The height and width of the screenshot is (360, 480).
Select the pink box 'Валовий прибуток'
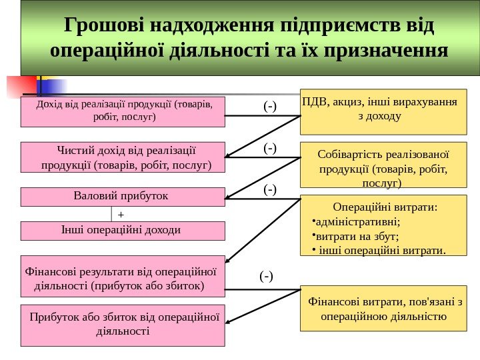point(123,196)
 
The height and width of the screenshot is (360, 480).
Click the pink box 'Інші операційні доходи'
point(123,231)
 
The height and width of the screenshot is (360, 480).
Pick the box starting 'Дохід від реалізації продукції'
point(123,111)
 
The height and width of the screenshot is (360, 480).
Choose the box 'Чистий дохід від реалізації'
point(123,157)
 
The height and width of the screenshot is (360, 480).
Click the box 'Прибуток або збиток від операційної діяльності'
point(123,325)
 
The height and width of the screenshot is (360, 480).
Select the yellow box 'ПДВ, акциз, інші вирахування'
point(383,110)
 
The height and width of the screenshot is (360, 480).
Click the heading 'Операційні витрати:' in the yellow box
point(384,207)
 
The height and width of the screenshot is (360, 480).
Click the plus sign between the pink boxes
point(121,215)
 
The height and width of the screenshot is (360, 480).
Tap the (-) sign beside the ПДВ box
point(269,105)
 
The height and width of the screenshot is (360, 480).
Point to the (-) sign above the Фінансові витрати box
point(266,275)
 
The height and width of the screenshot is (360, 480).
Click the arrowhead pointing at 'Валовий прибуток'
point(229,197)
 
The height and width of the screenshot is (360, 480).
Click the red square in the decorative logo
point(18,86)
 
